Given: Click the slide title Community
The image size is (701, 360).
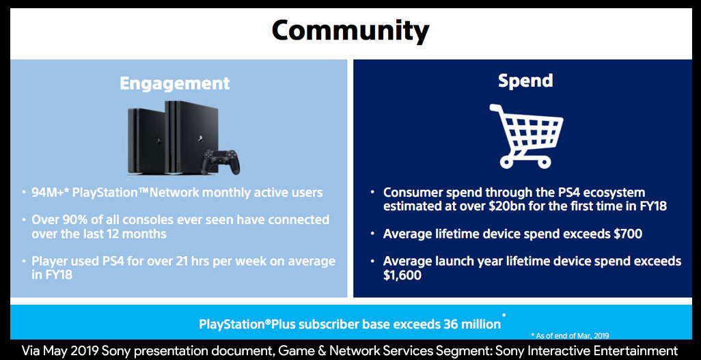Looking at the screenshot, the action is (350, 31).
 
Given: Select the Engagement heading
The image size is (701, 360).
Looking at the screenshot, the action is (175, 83).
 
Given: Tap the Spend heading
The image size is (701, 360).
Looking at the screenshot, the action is (525, 81).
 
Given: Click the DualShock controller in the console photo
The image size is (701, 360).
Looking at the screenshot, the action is (220, 162).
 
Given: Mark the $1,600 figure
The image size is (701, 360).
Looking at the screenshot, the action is (402, 275).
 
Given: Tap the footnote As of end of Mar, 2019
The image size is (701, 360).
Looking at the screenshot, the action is (570, 335).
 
